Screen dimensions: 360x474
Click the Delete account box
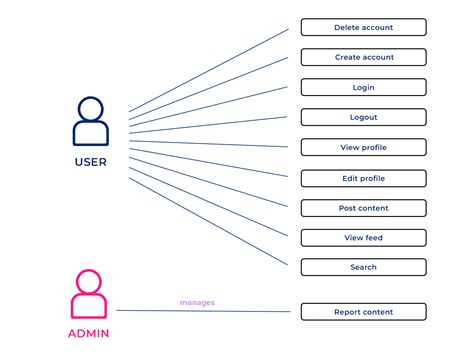pyautogui.click(x=363, y=27)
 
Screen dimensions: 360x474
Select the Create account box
pyautogui.click(x=363, y=57)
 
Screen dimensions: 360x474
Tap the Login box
pyautogui.click(x=363, y=87)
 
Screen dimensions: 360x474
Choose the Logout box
pyautogui.click(x=363, y=117)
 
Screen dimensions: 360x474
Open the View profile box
pyautogui.click(x=363, y=147)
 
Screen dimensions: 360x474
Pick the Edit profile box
pyautogui.click(x=363, y=178)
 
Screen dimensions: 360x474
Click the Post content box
pyautogui.click(x=363, y=208)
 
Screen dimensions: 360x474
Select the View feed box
pyautogui.click(x=363, y=237)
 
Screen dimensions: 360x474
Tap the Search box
pyautogui.click(x=363, y=267)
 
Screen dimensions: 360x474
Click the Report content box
pyautogui.click(x=363, y=312)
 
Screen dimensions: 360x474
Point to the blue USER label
pyautogui.click(x=90, y=161)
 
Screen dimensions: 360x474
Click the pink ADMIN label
pyautogui.click(x=90, y=333)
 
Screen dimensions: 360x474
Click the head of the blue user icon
pyautogui.click(x=90, y=108)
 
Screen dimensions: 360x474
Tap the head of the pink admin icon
pyautogui.click(x=90, y=281)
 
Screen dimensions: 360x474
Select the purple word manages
pyautogui.click(x=197, y=301)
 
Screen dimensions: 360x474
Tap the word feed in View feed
pyautogui.click(x=372, y=237)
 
